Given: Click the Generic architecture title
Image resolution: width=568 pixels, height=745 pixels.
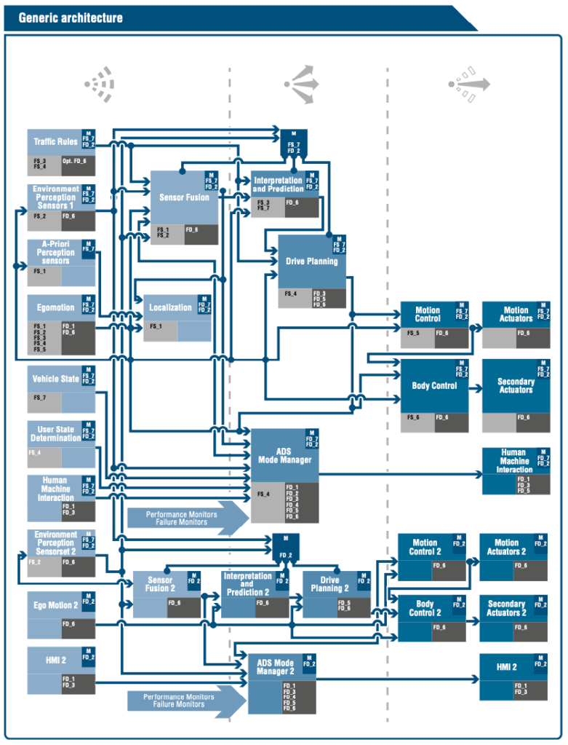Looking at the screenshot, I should pos(71,17).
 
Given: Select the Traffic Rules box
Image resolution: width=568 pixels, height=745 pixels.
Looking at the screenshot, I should pos(55,141).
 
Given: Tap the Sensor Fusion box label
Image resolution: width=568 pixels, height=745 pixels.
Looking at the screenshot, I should pos(184,197).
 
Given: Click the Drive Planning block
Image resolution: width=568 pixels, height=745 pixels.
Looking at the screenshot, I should pos(311,261).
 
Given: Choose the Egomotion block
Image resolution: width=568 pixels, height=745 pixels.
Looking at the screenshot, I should pos(55,308).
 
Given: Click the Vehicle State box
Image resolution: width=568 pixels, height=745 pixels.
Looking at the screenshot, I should pos(55,379).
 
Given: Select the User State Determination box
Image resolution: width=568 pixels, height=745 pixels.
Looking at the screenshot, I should pos(55,434).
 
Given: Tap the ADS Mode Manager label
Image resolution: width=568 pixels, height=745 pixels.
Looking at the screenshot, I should pos(284,456).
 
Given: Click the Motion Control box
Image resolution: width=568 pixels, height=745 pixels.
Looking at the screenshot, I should pos(428,314).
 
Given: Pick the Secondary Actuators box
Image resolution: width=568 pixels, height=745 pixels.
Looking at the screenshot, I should pos(515,385).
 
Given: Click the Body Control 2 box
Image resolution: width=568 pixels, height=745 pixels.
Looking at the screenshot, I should pos(425,608).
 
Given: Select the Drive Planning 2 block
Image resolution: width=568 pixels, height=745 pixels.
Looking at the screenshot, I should pos(329,584).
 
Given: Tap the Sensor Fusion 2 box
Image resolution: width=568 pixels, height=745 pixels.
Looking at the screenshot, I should pos(159,584).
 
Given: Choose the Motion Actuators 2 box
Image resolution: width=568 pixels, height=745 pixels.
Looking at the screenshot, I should pos(506,547).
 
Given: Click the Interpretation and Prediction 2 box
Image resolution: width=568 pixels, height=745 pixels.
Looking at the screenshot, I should pos(247,584).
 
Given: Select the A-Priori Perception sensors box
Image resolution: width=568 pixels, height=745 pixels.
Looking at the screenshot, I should pos(55,252).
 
